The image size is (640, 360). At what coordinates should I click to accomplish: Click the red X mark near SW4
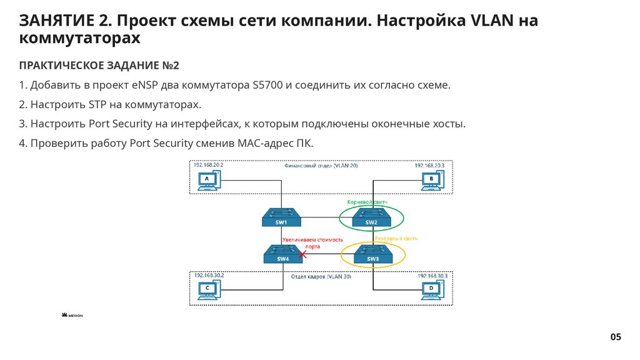pos(303,254)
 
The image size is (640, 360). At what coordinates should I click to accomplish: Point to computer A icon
pos(205,181)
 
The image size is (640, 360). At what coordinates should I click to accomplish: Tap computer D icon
pos(431,289)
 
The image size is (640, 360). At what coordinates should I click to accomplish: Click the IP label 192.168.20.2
pos(208,165)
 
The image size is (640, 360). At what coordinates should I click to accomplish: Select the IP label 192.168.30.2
pos(209,275)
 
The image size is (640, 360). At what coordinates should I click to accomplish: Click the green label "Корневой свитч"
pos(367,202)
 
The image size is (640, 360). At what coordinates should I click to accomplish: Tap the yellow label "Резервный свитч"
pos(395,239)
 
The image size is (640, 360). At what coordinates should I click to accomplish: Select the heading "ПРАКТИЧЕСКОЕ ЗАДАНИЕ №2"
pos(99,66)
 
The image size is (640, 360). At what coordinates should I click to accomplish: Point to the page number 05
pos(616,337)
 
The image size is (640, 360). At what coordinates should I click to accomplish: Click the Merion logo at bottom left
pos(72,316)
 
